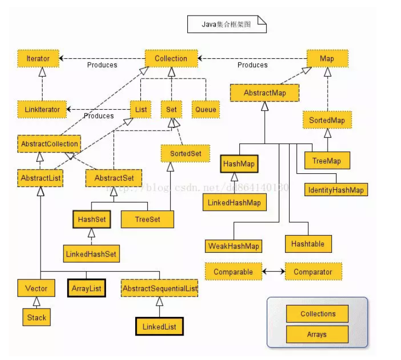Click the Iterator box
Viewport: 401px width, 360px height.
pyautogui.click(x=38, y=58)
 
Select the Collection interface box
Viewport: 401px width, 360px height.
pyautogui.click(x=171, y=58)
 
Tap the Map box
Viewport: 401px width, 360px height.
pyautogui.click(x=327, y=58)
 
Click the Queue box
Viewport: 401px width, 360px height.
pyautogui.click(x=206, y=110)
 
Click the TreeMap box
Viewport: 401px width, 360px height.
pyautogui.click(x=327, y=161)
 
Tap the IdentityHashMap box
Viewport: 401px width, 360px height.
pyautogui.click(x=335, y=190)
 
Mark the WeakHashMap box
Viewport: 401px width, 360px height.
pyautogui.click(x=234, y=246)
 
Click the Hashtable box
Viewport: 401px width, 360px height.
pyautogui.click(x=307, y=243)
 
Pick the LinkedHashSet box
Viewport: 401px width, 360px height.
pyautogui.click(x=91, y=254)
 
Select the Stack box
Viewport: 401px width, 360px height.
pyautogui.click(x=37, y=317)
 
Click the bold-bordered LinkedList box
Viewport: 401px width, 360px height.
pyautogui.click(x=159, y=327)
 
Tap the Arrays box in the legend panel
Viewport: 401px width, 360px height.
pyautogui.click(x=317, y=334)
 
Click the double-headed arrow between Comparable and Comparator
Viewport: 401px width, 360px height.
pyautogui.click(x=274, y=272)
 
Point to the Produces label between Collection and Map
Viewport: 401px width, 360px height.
pyautogui.click(x=252, y=65)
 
